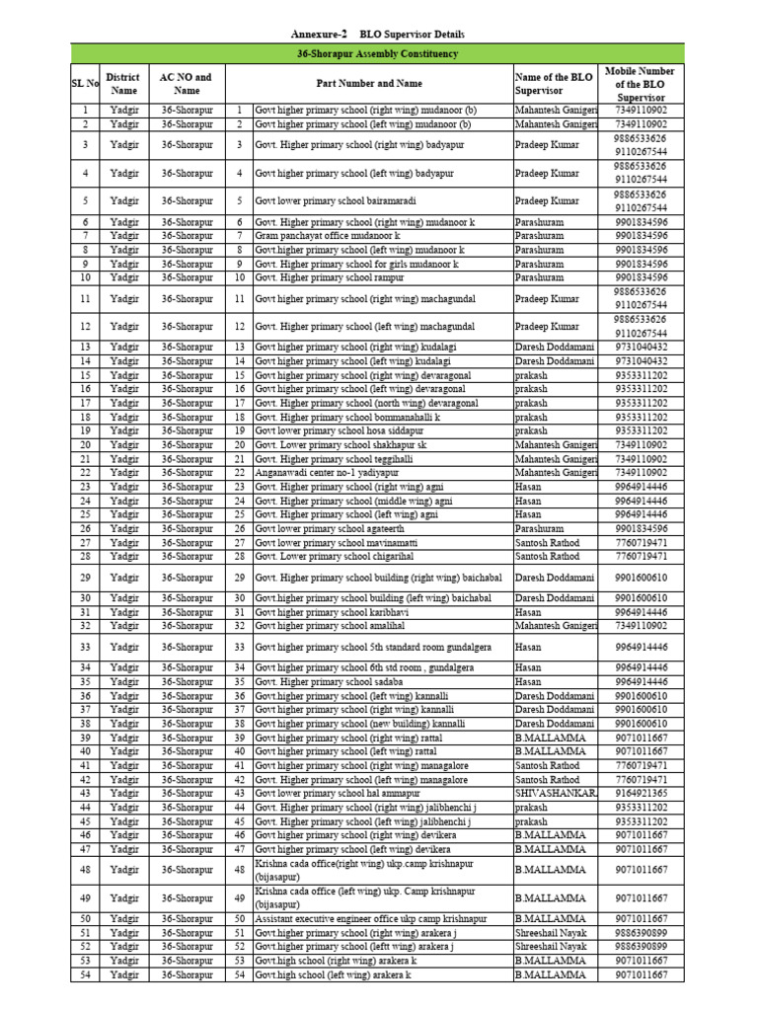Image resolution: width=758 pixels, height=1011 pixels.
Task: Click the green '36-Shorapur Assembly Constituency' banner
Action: (x=378, y=53)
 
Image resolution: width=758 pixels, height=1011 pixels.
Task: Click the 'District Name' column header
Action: (x=123, y=83)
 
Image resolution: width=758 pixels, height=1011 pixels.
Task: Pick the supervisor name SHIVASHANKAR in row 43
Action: (x=555, y=793)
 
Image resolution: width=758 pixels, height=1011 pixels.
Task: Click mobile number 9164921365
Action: (x=641, y=793)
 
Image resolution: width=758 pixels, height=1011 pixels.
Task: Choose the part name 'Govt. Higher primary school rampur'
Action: (x=329, y=278)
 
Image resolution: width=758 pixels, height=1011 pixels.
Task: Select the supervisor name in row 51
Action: (x=551, y=932)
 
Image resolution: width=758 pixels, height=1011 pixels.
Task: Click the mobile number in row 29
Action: (x=641, y=578)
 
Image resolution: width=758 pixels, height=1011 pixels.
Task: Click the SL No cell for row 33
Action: (x=85, y=647)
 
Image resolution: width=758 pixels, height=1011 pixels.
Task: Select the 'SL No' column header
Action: (x=85, y=83)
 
